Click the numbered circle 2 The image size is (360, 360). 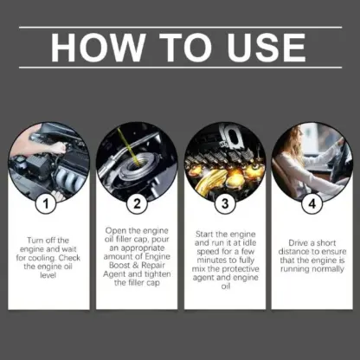pos(136,205)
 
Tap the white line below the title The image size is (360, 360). pos(180,67)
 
